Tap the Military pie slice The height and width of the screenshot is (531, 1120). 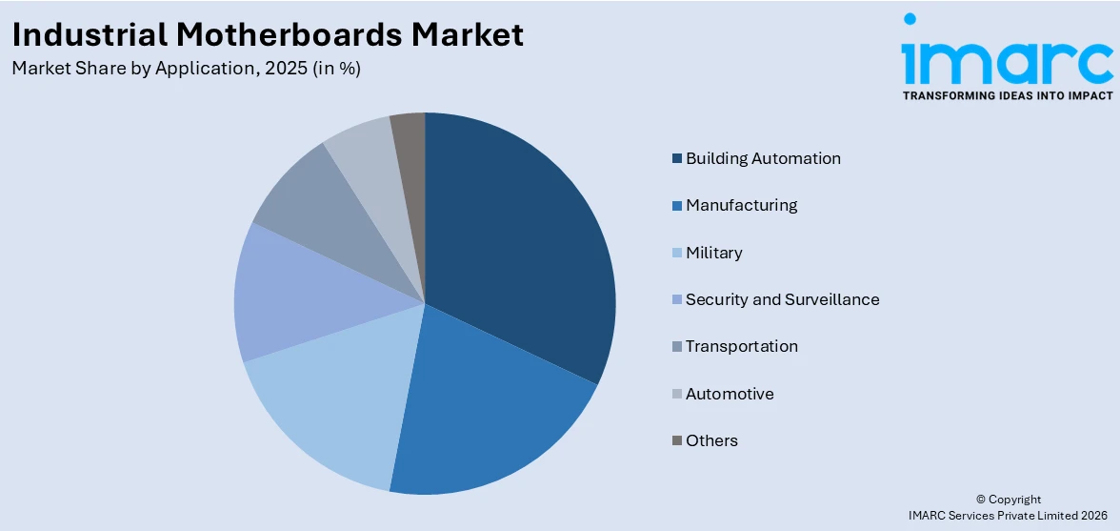pos(329,400)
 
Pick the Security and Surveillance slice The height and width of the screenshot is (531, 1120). pos(286,296)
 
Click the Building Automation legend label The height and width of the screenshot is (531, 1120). pos(763,158)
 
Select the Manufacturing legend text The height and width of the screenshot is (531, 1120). pos(741,205)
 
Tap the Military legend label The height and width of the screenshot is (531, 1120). pos(713,253)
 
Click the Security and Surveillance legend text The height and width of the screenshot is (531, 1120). pos(782,299)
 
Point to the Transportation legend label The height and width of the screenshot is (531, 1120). pos(741,346)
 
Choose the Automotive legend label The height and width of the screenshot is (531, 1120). pos(730,394)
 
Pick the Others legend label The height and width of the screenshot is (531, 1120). pos(711,440)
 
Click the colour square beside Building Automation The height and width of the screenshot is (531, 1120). pos(677,158)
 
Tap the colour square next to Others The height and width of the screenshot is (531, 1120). pos(677,440)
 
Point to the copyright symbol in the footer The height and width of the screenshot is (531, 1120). pos(980,500)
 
